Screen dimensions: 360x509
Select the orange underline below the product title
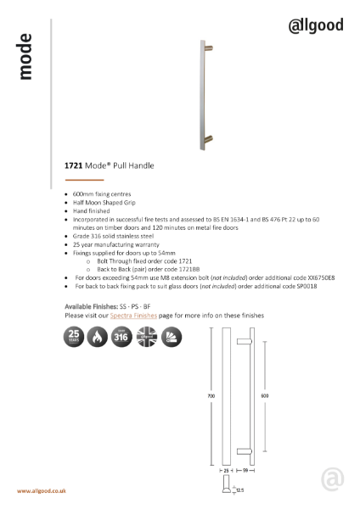coord(84,181)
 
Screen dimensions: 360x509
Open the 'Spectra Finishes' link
coord(132,315)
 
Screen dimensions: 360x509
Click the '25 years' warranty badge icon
coord(74,338)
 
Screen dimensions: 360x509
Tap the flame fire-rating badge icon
coord(98,338)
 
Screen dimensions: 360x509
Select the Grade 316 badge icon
coord(123,338)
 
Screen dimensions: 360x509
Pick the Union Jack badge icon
coord(148,338)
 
